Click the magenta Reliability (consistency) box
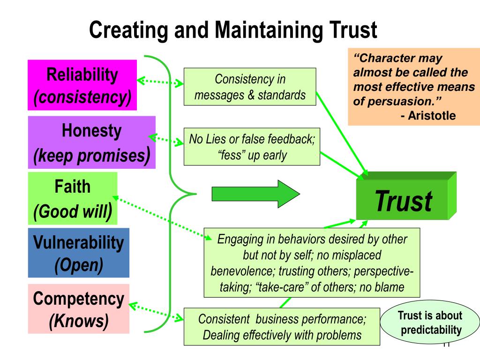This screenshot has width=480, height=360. [82, 85]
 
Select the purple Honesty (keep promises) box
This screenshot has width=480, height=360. [91, 142]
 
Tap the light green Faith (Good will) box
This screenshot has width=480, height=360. [72, 199]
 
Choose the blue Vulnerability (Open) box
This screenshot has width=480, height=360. [78, 253]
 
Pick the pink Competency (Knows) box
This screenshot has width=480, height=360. [78, 309]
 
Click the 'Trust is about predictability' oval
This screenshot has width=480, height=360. [429, 323]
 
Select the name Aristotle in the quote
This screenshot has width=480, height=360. [432, 116]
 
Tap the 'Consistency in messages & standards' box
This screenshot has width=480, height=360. [249, 87]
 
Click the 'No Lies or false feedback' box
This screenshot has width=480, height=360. [252, 147]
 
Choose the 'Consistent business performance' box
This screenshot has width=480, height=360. [282, 327]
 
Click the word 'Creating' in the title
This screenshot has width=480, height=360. [124, 30]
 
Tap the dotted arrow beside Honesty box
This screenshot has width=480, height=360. [166, 139]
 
